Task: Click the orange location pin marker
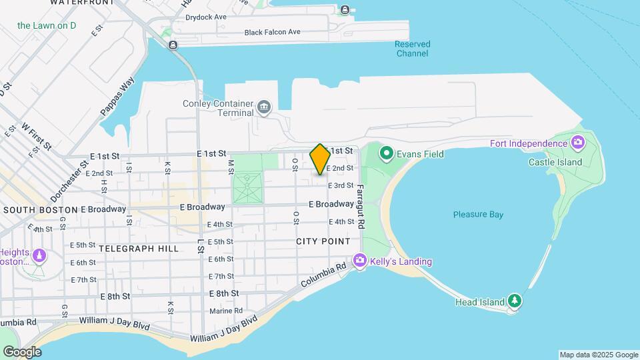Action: pyautogui.click(x=320, y=159)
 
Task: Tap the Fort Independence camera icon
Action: pyautogui.click(x=578, y=143)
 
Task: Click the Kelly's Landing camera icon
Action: pyautogui.click(x=361, y=261)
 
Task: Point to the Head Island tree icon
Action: pyautogui.click(x=515, y=301)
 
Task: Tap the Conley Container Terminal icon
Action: pyautogui.click(x=265, y=107)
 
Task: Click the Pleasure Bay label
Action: pyautogui.click(x=478, y=215)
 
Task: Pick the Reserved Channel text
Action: pyautogui.click(x=412, y=49)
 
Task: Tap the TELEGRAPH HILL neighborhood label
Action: pyautogui.click(x=139, y=249)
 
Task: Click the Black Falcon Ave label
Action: pyautogui.click(x=272, y=32)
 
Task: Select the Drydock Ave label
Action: pyautogui.click(x=211, y=17)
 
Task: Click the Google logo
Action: pyautogui.click(x=22, y=351)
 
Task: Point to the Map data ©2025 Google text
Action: pyautogui.click(x=599, y=355)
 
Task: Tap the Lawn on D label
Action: pyautogui.click(x=47, y=26)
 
